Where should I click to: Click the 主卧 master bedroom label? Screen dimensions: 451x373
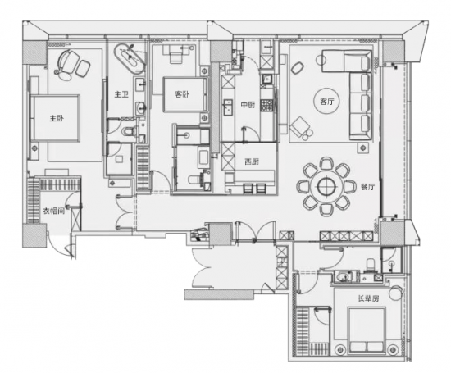pos(57,118)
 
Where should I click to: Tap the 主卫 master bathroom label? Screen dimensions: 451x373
pos(121,94)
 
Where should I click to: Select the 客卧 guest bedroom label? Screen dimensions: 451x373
pos(182,94)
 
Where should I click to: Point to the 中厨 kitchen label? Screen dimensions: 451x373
pos(248,105)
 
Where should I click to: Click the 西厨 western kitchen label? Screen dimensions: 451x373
pos(252,161)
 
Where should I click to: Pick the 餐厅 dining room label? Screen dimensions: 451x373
pos(368,187)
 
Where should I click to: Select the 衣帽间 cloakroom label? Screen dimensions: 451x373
pos(54,212)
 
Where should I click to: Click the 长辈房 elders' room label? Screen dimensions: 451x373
pos(368,298)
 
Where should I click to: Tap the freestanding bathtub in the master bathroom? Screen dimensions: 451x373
pos(129,57)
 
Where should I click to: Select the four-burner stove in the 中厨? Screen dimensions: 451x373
pos(267,106)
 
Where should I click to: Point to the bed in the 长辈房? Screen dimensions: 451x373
pos(367,330)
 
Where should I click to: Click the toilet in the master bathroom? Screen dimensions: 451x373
pos(130,131)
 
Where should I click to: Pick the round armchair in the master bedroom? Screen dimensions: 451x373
pos(68,61)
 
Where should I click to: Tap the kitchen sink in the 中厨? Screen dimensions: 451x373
pos(228,107)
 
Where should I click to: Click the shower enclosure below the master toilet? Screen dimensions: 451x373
pos(120,158)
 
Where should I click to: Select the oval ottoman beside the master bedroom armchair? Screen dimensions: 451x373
pos(83,68)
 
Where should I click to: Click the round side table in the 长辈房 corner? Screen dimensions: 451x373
pos(395,293)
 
